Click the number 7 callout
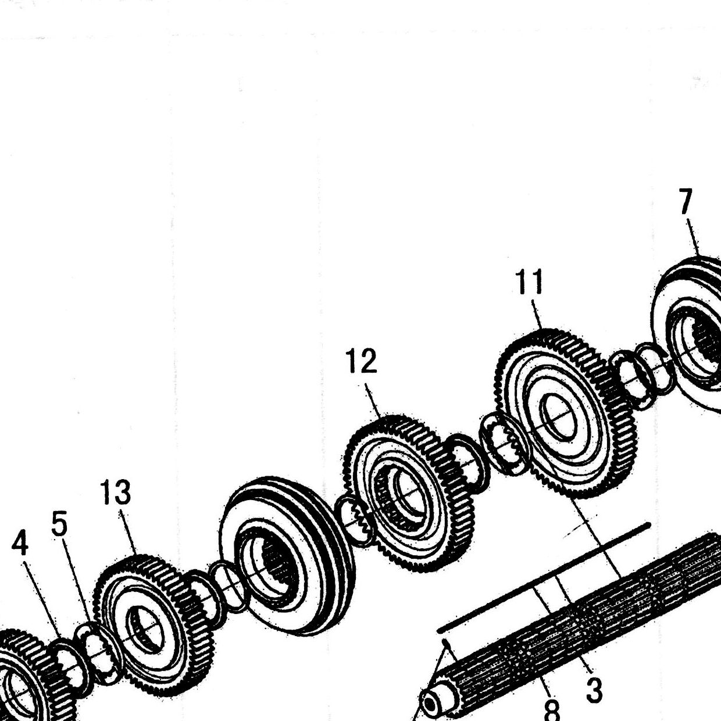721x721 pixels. click(686, 202)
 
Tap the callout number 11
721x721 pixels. click(529, 282)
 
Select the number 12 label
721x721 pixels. click(362, 360)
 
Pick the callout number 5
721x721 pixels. click(59, 523)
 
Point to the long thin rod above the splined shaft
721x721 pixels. click(543, 579)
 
